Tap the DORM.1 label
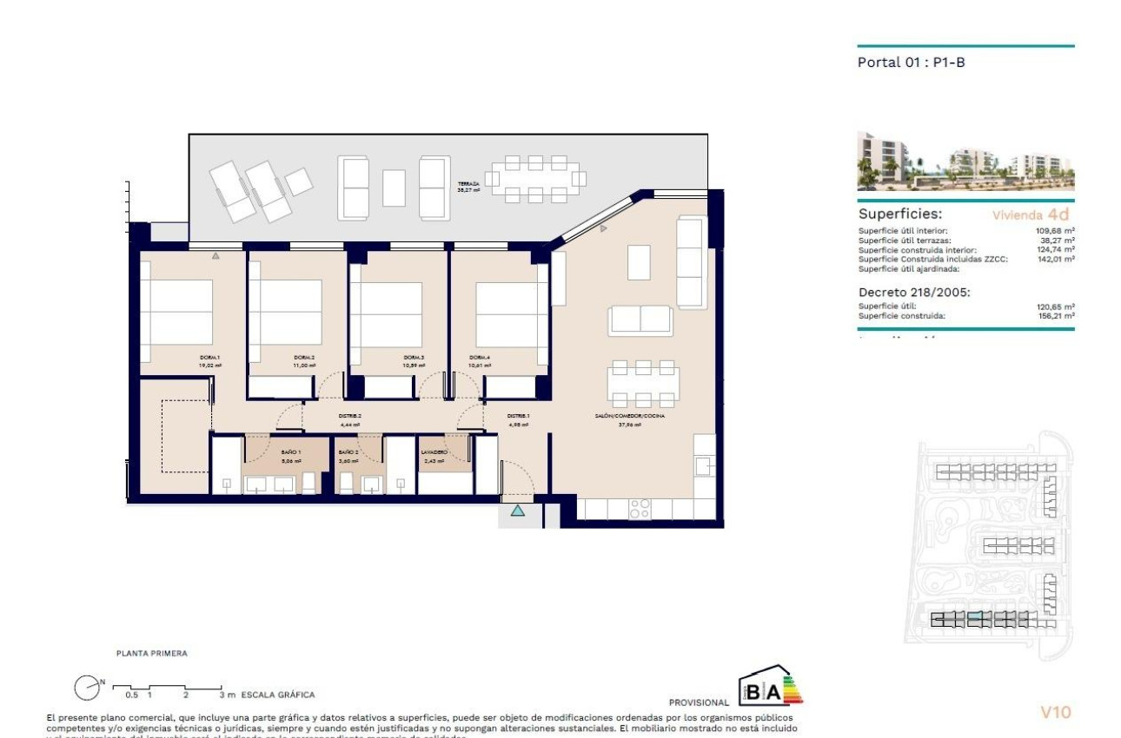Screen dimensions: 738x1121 [209, 358]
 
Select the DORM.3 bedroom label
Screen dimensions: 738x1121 [414, 358]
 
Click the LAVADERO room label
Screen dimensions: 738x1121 [434, 452]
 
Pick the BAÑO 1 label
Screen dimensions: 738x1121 [290, 452]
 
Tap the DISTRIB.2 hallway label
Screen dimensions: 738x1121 [349, 417]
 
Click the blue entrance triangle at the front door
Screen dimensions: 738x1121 [518, 511]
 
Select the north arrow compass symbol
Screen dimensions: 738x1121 [87, 688]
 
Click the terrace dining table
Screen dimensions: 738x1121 [535, 179]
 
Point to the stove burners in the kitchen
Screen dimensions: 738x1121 [640, 508]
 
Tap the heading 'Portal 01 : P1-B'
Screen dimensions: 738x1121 [911, 63]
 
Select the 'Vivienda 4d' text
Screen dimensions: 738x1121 [1031, 214]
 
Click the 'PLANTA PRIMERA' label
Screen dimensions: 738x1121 [152, 653]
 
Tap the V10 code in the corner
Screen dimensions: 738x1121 [1056, 713]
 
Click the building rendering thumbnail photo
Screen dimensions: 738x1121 [965, 161]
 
